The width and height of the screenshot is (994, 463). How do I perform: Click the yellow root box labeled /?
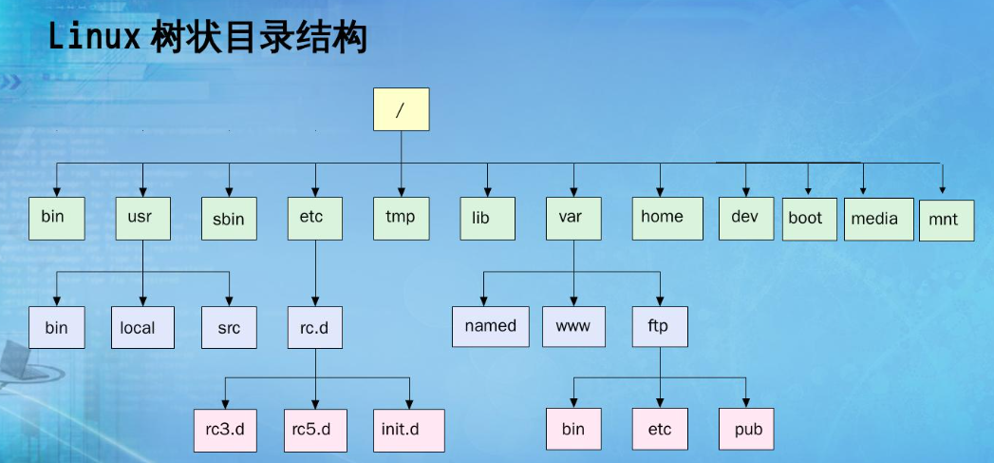pyautogui.click(x=402, y=109)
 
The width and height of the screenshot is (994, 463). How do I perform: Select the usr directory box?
pyautogui.click(x=142, y=217)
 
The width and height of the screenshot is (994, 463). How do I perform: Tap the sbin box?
pyautogui.click(x=229, y=219)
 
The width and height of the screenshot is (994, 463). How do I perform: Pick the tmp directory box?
pyautogui.click(x=402, y=217)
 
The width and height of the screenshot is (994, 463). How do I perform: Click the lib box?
pyautogui.click(x=487, y=219)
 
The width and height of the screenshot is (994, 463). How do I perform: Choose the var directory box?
pyautogui.click(x=574, y=217)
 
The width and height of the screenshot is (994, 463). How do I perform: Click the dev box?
pyautogui.click(x=746, y=217)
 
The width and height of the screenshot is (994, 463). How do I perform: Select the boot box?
pyautogui.click(x=808, y=218)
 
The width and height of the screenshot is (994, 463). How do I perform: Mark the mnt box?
pyautogui.click(x=946, y=220)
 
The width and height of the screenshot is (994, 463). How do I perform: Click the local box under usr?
pyautogui.click(x=142, y=327)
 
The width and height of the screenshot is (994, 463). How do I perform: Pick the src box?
pyautogui.click(x=229, y=328)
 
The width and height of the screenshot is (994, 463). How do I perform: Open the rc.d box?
pyautogui.click(x=314, y=327)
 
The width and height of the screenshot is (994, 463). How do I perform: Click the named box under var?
pyautogui.click(x=490, y=326)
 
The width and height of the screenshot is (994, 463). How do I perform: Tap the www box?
pyautogui.click(x=574, y=326)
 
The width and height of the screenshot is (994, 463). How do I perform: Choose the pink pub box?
pyautogui.click(x=747, y=429)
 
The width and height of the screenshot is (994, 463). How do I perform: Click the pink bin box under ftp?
pyautogui.click(x=574, y=429)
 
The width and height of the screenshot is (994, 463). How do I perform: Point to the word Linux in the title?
pyautogui.click(x=93, y=39)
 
